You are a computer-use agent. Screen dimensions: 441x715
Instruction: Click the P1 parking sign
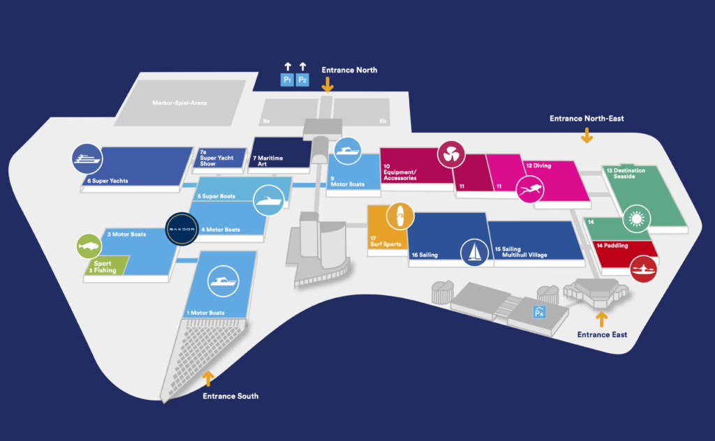(x=287, y=80)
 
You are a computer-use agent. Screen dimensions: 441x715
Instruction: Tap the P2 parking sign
(x=302, y=80)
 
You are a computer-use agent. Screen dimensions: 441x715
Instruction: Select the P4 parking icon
(x=539, y=313)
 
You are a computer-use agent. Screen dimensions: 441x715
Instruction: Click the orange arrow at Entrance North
(x=327, y=84)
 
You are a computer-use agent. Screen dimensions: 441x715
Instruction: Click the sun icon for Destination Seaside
(x=636, y=218)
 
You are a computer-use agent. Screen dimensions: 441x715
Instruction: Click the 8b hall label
(x=383, y=121)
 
